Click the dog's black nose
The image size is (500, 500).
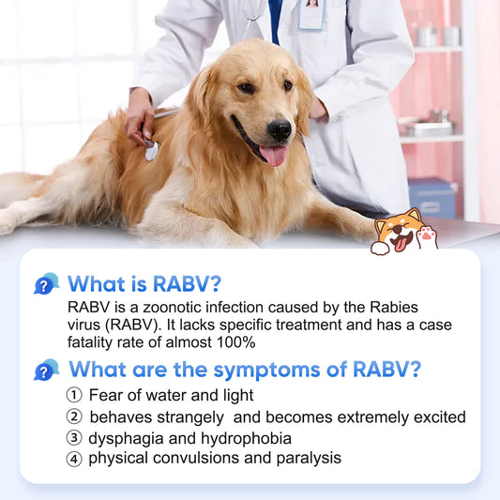click(280, 129)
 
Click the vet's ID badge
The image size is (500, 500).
click(311, 14)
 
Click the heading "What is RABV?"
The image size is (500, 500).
click(144, 283)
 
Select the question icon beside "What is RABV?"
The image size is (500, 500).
click(46, 283)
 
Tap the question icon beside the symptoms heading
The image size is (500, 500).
click(46, 370)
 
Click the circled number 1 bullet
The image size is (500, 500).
click(74, 396)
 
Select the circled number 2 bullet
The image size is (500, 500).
click(74, 417)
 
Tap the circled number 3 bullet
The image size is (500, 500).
click(74, 438)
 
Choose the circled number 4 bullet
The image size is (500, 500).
click(74, 459)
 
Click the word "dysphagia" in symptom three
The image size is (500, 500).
click(123, 438)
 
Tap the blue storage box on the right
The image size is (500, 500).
click(431, 198)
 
